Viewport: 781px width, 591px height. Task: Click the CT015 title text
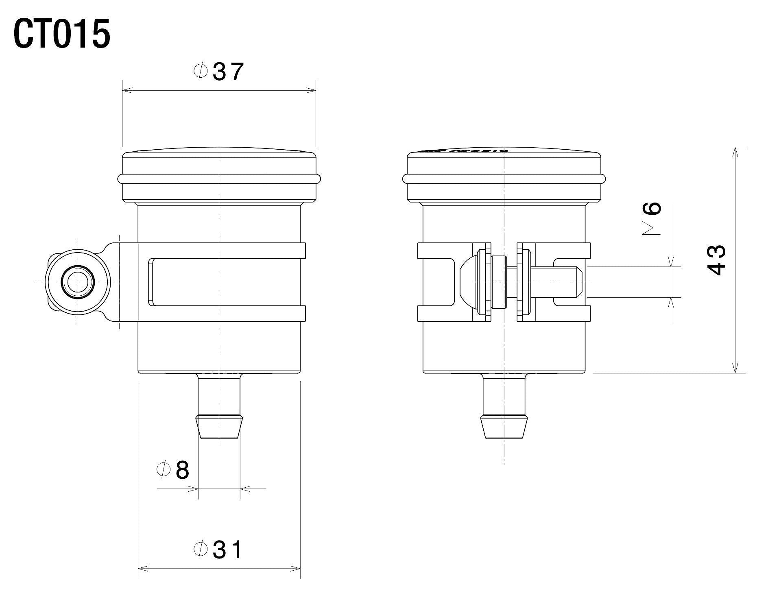pyautogui.click(x=62, y=35)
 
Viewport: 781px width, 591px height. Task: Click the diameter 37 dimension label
pyautogui.click(x=219, y=72)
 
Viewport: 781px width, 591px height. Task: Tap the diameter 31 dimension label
pyautogui.click(x=218, y=550)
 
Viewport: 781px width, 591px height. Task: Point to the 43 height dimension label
pyautogui.click(x=715, y=260)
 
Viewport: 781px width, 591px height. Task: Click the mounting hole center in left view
pyautogui.click(x=77, y=282)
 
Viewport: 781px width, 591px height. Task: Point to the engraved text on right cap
pyautogui.click(x=464, y=151)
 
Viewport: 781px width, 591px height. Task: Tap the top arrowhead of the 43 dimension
pyautogui.click(x=735, y=151)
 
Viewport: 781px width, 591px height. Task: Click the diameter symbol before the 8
pyautogui.click(x=163, y=470)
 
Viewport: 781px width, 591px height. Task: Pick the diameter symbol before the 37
pyautogui.click(x=201, y=72)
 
